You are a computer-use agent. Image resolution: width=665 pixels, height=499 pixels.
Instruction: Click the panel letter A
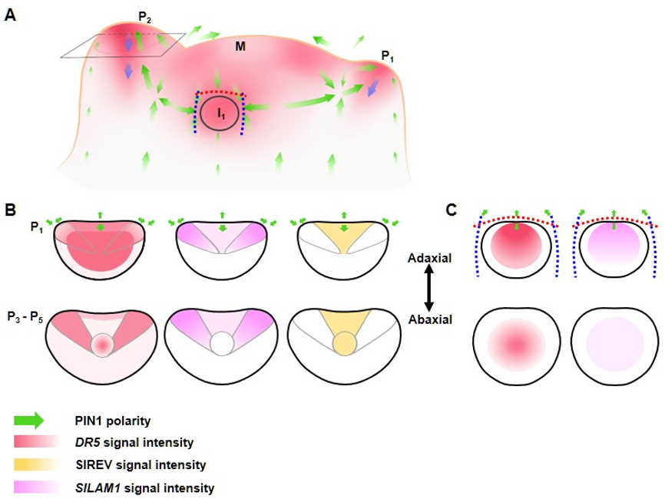click(10, 15)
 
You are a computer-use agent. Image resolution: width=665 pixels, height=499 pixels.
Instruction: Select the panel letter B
click(10, 208)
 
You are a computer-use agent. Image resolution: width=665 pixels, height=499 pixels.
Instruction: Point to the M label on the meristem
click(240, 48)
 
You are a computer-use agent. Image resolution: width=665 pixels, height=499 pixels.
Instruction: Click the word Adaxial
click(429, 259)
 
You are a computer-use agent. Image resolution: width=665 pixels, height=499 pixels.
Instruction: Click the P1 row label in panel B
click(35, 228)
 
